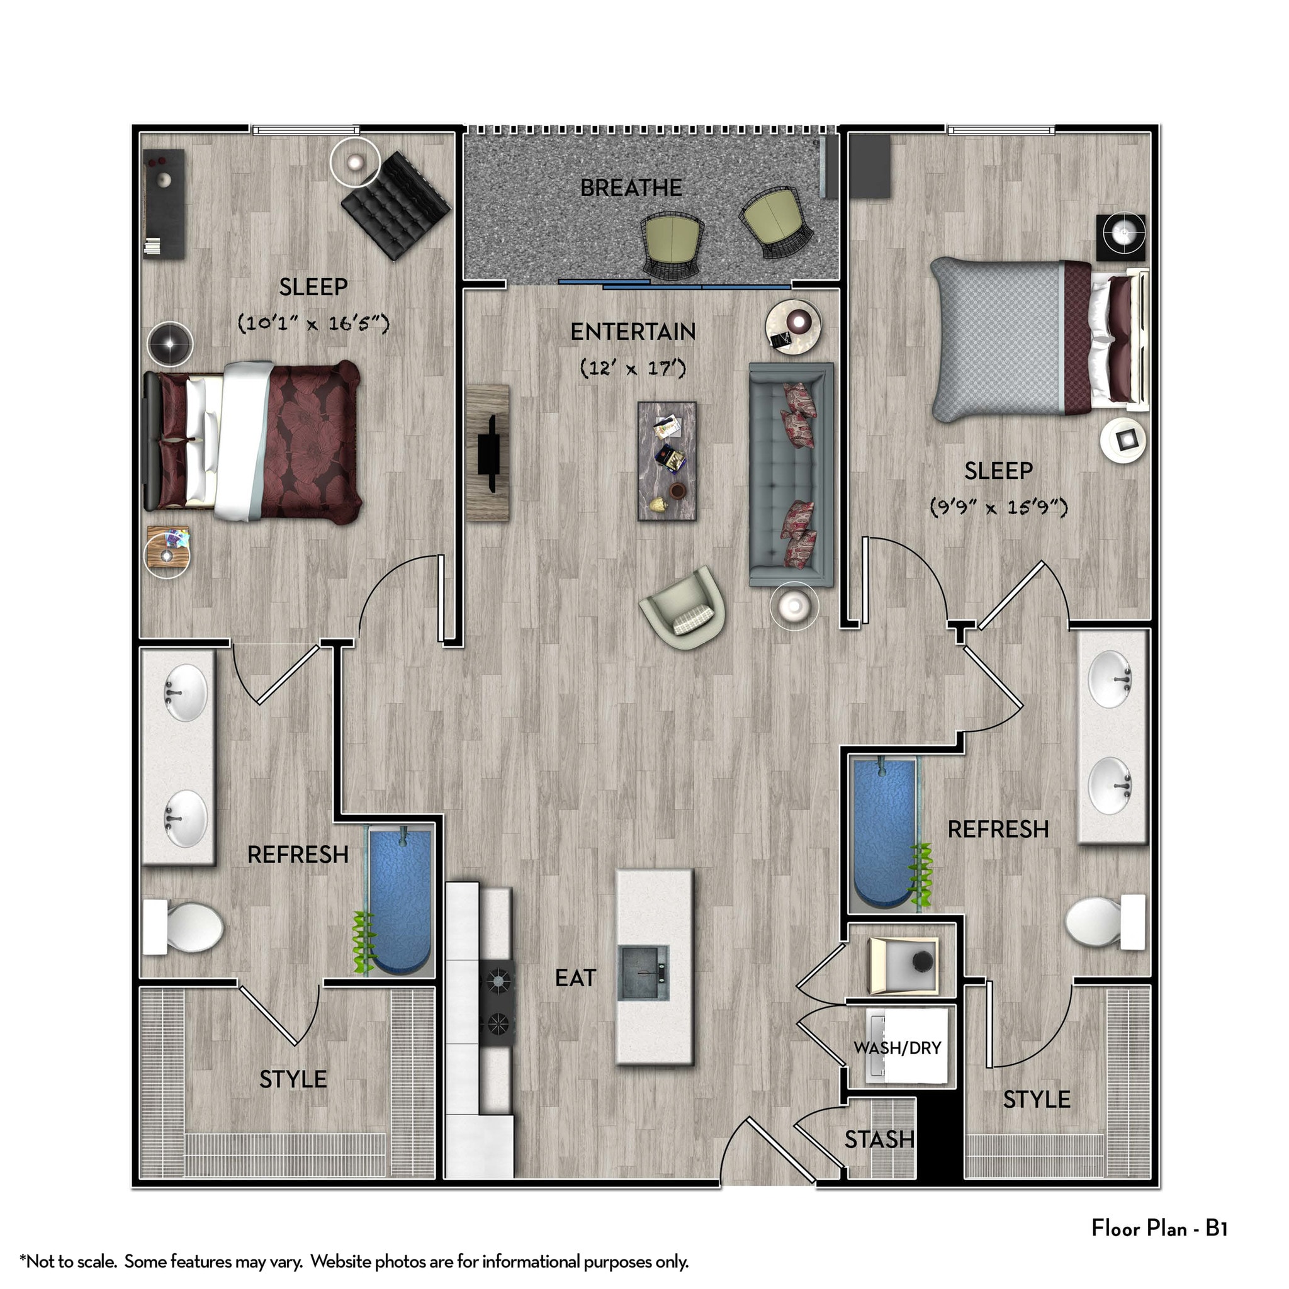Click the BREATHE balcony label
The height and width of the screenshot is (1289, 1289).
coord(631,188)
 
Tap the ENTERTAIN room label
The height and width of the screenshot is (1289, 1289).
coord(633,332)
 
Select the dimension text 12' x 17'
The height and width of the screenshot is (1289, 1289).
coord(633,368)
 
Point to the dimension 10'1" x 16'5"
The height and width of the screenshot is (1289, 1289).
coord(313,324)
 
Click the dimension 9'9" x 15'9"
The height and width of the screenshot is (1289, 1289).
coord(998,507)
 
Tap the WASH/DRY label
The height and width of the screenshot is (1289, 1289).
coord(897,1047)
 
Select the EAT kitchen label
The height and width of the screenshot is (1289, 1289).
coord(575,978)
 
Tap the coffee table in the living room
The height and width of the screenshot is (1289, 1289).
coord(667,460)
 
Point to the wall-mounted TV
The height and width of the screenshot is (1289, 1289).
coord(490,453)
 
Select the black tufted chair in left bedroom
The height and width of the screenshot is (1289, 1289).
coord(396,205)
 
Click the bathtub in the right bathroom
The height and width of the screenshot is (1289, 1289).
coord(884,834)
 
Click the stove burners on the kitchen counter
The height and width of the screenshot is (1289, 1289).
coord(497,1001)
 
